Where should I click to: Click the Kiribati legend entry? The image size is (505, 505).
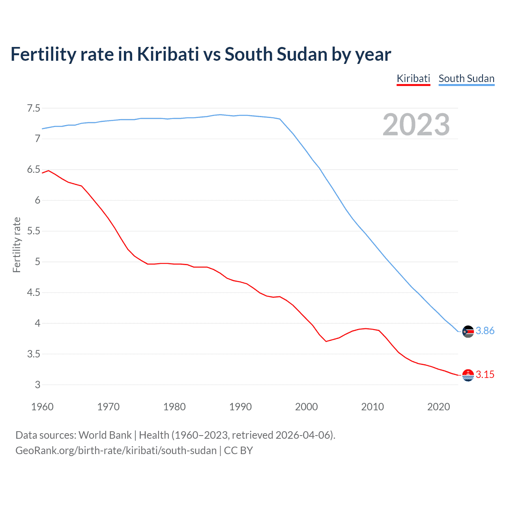coord(413,79)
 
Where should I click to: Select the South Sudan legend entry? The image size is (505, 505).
coord(466,79)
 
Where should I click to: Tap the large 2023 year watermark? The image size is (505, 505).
coord(416,125)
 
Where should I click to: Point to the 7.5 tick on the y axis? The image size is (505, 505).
coord(34,108)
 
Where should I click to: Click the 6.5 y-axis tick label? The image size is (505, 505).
coord(34,170)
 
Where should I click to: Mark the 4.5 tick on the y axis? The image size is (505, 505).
coord(34,293)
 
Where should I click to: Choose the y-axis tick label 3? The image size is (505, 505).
coord(37,385)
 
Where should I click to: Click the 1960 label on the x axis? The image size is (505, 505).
coord(42,407)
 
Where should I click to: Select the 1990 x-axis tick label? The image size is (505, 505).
coord(240,407)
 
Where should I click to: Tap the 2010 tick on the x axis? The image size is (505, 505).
coord(372,407)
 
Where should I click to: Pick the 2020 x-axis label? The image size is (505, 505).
coord(438,407)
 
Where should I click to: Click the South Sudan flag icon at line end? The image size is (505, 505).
coord(468,331)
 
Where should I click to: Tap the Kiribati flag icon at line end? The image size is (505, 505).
coord(468,375)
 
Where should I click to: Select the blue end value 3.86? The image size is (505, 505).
coord(485,331)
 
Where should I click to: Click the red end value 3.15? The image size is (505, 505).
coord(485,375)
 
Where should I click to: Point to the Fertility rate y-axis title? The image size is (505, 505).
coord(17,245)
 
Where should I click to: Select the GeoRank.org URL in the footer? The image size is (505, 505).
coord(116,451)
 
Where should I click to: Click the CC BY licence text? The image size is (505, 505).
coord(238,451)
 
